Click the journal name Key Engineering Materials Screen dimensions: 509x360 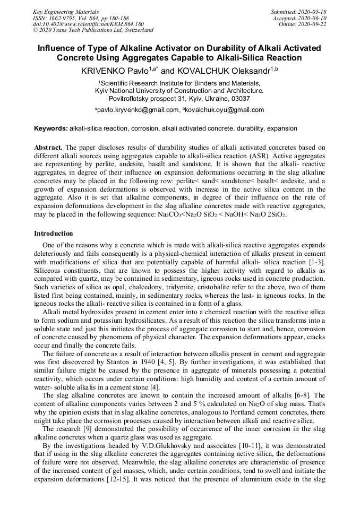point(65,12)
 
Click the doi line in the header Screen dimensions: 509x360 point(88,24)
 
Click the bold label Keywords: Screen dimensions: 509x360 point(51,129)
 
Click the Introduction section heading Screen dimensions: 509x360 point(54,234)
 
